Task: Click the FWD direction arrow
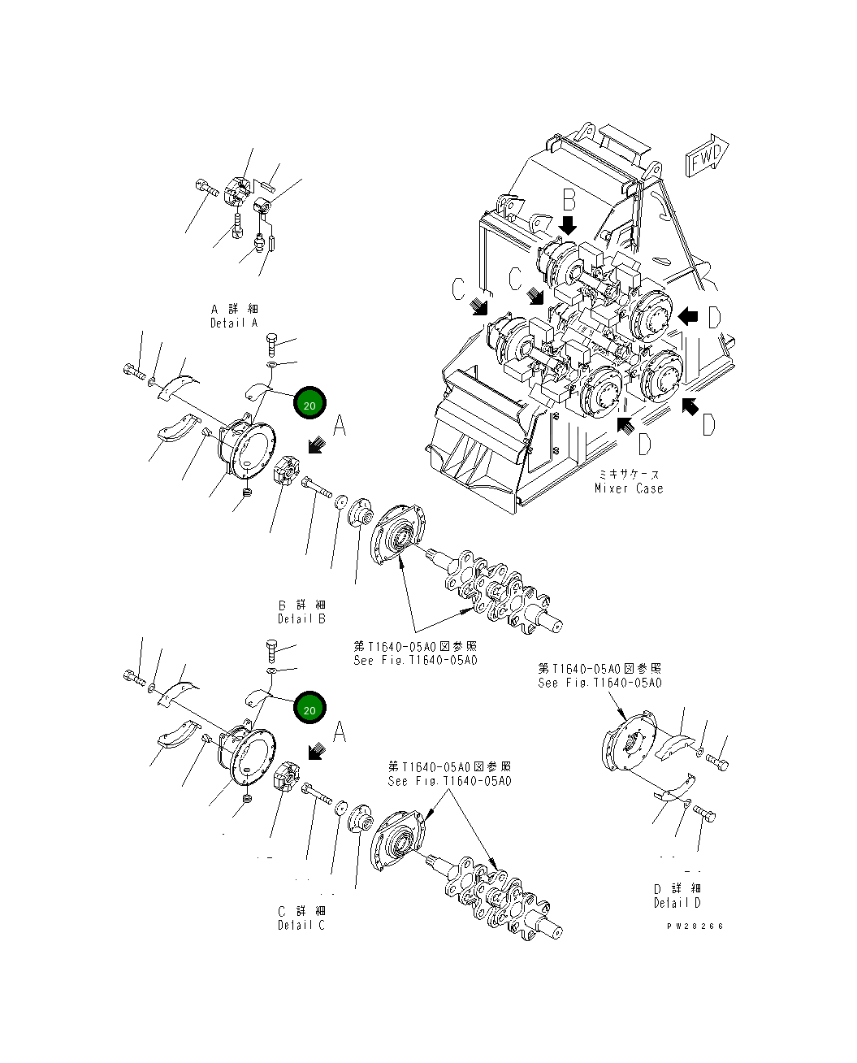tap(708, 158)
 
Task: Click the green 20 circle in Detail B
tap(309, 401)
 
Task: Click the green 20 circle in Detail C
tap(309, 709)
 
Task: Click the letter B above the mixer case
tap(569, 197)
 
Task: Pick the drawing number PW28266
tap(695, 926)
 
